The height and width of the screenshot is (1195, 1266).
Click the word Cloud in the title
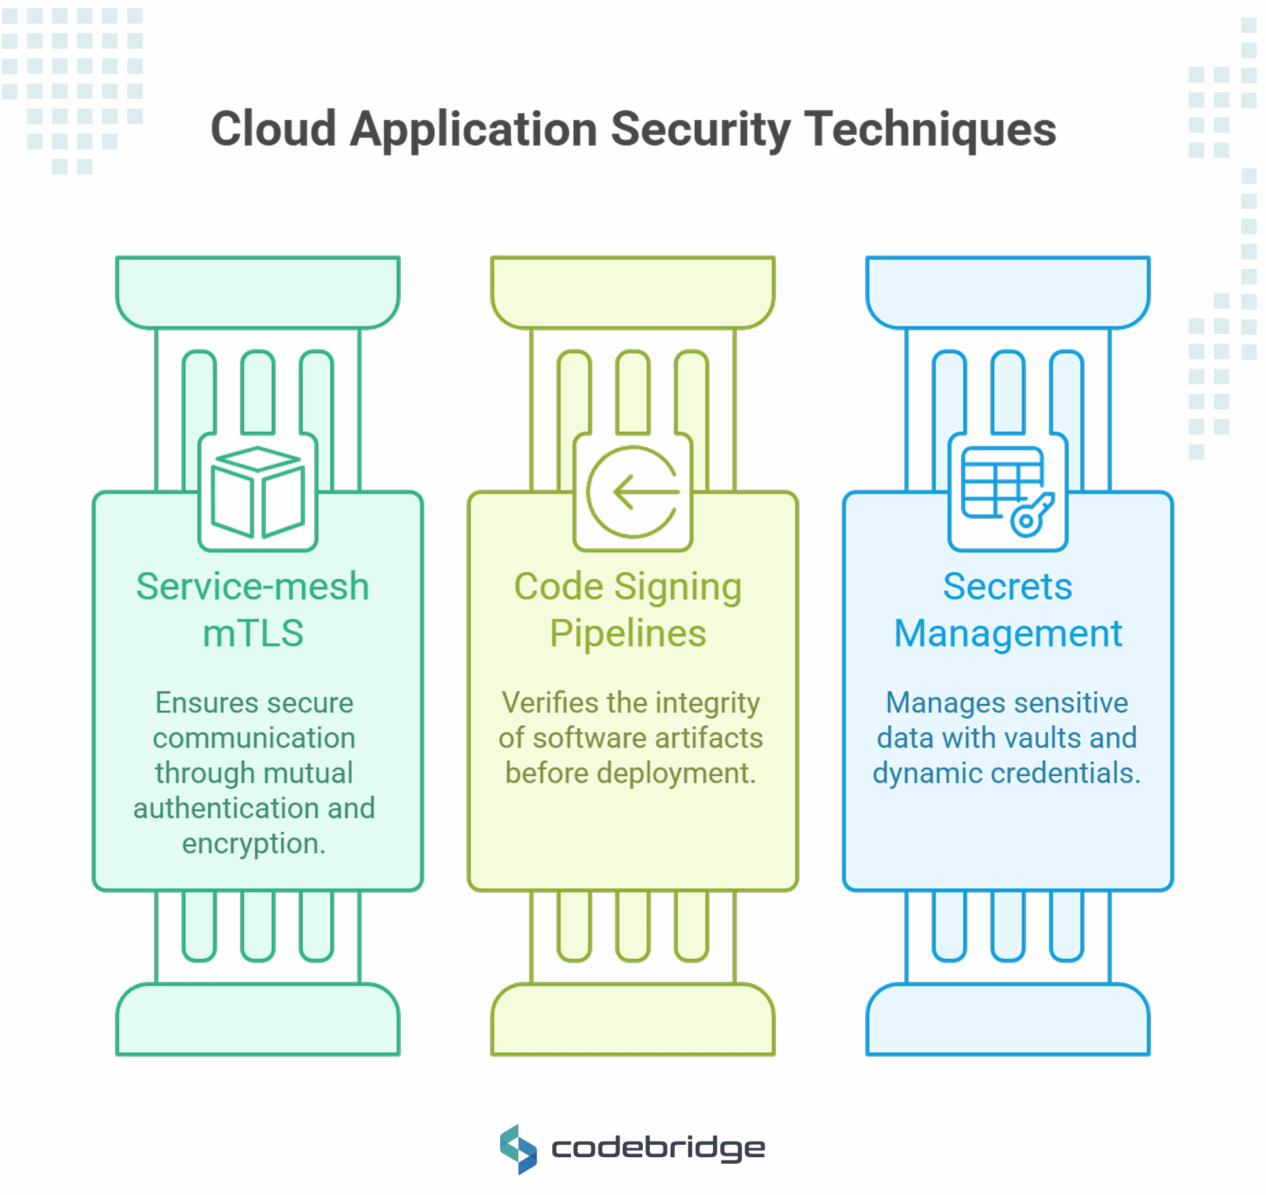[x=273, y=129]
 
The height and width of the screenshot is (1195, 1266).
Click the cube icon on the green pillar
[x=258, y=492]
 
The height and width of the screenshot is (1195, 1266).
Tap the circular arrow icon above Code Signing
[x=632, y=492]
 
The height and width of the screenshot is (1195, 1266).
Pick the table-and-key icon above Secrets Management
[x=1007, y=491]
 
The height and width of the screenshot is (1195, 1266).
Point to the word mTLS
[x=253, y=633]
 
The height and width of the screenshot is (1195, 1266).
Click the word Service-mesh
[x=253, y=586]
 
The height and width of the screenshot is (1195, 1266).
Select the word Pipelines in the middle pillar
[x=628, y=633]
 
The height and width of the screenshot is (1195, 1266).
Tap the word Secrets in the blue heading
[x=1007, y=586]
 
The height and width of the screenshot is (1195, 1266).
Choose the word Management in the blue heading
[x=1007, y=633]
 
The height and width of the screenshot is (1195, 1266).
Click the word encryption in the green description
[x=253, y=844]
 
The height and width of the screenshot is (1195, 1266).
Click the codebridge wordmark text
[x=658, y=1148]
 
